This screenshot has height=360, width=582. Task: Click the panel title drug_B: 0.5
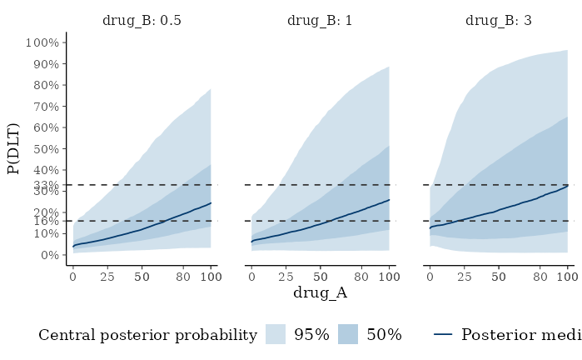[x=142, y=20]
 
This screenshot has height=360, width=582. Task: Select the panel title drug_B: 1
[x=320, y=20]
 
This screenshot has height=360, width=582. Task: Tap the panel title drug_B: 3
[x=499, y=20]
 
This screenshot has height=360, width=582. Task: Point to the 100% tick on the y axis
[x=42, y=43]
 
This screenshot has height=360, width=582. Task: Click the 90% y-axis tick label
[x=44, y=64]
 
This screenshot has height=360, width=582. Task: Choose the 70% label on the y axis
[x=44, y=107]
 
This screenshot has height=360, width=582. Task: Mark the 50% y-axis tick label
[x=44, y=149]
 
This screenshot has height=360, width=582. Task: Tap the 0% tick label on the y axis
[x=47, y=254]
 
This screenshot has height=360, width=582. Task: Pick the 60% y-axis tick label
[x=44, y=127]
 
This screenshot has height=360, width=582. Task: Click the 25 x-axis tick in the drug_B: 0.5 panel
[x=107, y=276]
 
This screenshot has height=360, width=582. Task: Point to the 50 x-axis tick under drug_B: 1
[x=320, y=276]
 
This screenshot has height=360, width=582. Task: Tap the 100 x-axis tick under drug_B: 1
[x=389, y=276]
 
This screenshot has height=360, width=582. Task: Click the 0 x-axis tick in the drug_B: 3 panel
[x=430, y=276]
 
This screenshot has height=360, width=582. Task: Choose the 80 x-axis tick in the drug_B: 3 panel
[x=540, y=276]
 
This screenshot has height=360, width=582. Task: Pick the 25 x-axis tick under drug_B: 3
[x=465, y=276]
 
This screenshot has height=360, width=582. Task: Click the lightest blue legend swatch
[x=275, y=334]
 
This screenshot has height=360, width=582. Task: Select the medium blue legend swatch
[x=348, y=334]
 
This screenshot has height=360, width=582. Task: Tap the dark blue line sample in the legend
[x=443, y=334]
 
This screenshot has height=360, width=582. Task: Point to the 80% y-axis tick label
[x=44, y=85]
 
